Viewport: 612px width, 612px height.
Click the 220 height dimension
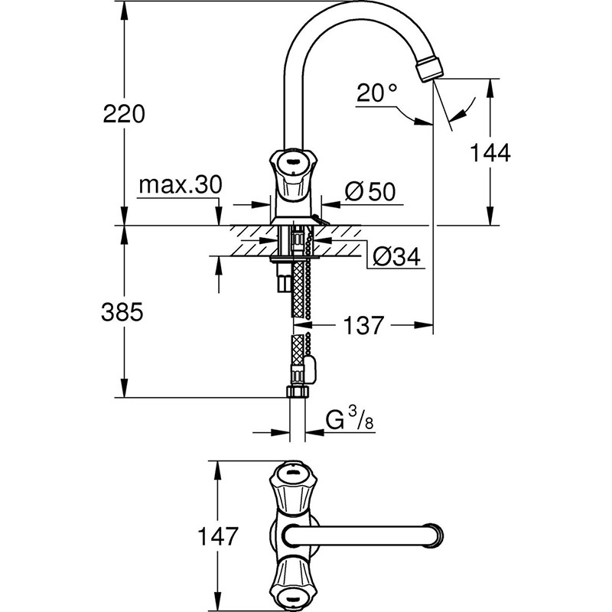coord(124,114)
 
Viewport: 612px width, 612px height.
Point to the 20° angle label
coord(378,94)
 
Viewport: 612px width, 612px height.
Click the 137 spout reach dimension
coord(359,326)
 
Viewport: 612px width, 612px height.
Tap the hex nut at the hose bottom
coord(297,392)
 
